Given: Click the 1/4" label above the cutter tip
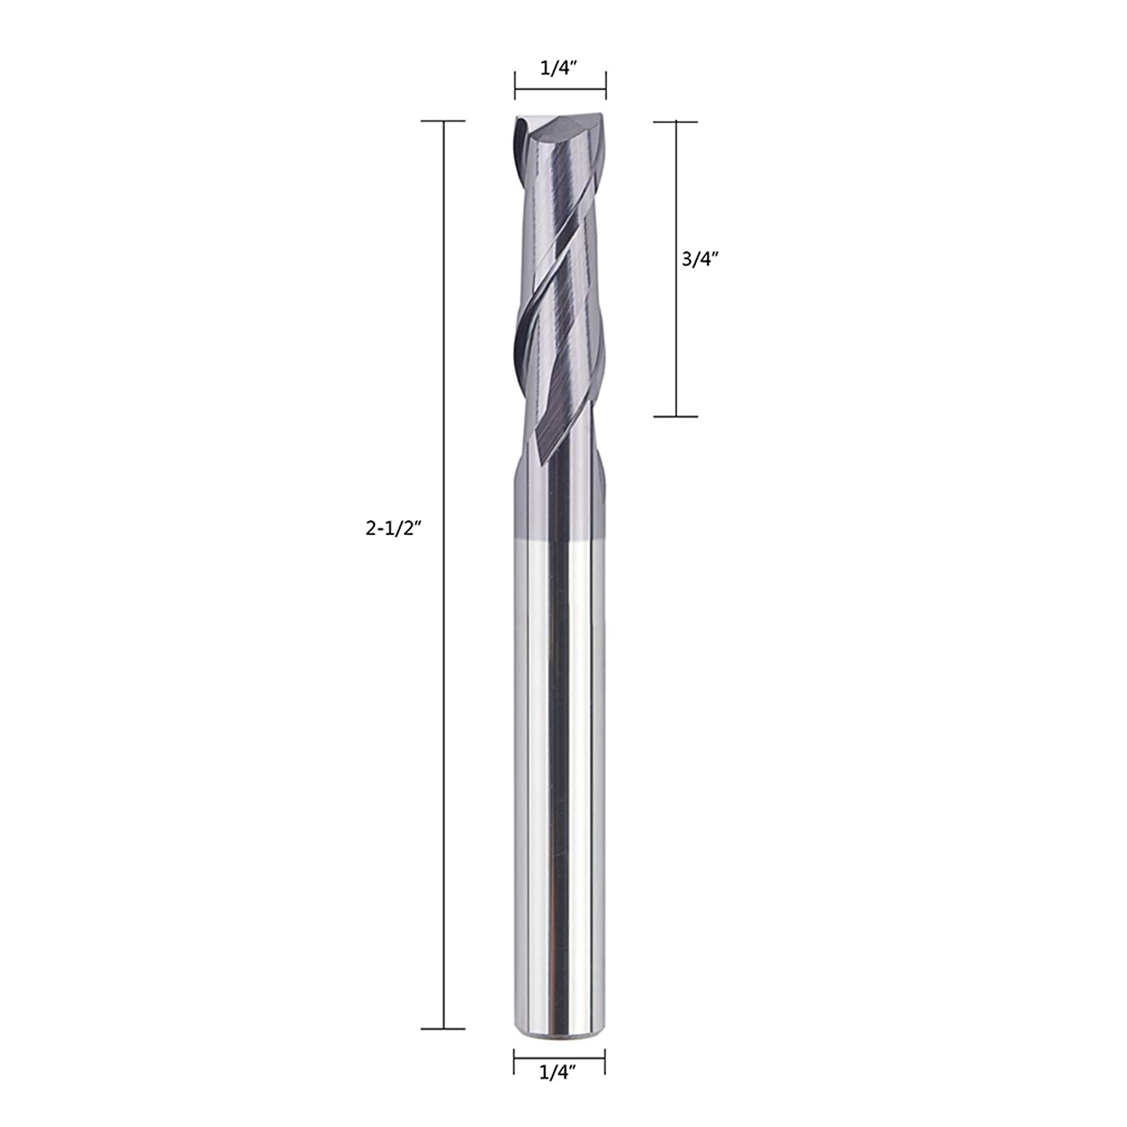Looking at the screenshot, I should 558,68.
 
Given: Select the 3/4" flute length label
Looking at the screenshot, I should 700,259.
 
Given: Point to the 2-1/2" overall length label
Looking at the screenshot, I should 391,528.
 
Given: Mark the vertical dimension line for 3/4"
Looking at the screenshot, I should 676,338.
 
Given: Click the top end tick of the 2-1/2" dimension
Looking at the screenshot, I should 443,121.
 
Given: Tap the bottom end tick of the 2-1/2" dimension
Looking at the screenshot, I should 443,1029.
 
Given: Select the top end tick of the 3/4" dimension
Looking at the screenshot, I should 676,122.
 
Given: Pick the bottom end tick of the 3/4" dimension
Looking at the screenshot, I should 676,416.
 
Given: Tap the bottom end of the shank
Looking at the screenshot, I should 560,1035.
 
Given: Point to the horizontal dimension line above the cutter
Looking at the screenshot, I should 560,89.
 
